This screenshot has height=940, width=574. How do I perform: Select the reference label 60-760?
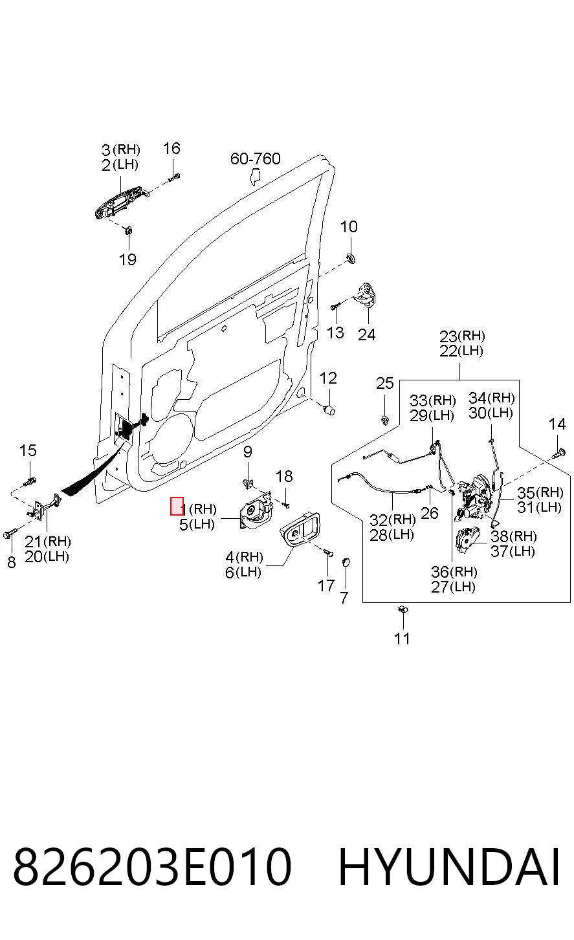256,158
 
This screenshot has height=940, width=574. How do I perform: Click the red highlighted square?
177,506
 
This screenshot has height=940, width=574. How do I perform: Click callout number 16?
171,148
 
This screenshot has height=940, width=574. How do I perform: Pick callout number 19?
127,259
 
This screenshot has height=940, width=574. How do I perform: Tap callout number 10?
349,226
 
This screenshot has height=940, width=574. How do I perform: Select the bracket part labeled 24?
364,294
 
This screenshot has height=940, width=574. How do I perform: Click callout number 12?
328,378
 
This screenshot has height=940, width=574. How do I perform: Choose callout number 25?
384,383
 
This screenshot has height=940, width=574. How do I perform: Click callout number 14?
557,424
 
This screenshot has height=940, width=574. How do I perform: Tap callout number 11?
402,639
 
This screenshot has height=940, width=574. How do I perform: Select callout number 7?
344,597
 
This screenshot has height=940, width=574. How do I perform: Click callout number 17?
326,585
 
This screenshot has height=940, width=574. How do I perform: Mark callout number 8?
12,562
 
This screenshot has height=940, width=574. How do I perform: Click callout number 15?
28,451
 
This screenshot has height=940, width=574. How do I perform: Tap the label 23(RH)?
462,336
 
